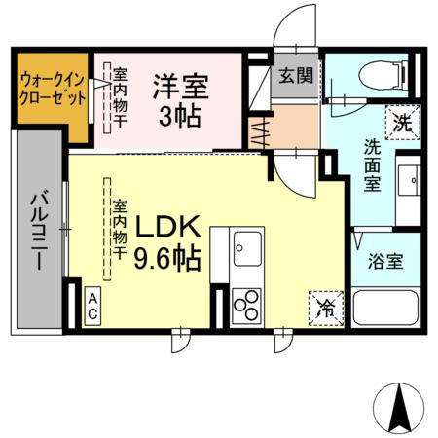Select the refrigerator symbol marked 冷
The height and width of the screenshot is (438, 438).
coord(324,308)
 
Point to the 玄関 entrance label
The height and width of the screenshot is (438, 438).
coord(294,75)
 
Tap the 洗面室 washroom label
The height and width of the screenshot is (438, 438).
coord(373,165)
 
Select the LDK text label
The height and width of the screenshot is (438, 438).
coord(166,228)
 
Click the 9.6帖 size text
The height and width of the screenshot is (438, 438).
coord(167,260)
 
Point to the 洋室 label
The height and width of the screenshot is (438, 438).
coord(180,86)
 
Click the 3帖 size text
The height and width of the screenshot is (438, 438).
coord(180,118)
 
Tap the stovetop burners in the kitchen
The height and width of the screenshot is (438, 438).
coord(245,306)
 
